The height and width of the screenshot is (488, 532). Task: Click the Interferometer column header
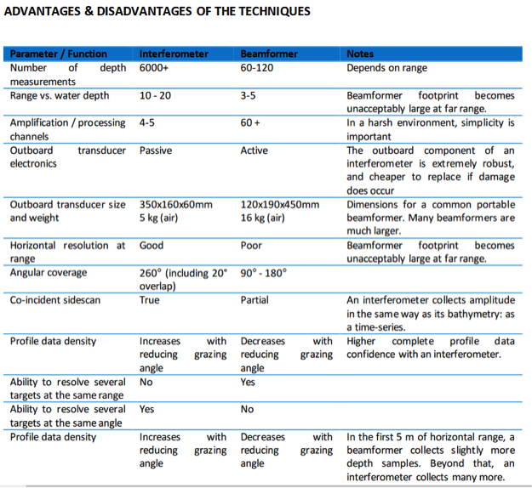pos(174,54)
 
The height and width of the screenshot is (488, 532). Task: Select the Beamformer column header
pos(269,54)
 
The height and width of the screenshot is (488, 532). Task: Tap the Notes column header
pos(360,54)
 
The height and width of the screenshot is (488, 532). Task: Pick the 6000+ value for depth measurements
pos(154,68)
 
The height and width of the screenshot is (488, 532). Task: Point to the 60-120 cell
pos(257,68)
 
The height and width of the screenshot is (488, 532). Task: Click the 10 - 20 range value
pos(155,95)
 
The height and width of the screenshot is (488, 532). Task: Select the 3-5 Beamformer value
pos(248,95)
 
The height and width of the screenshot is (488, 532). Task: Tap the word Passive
pos(156,150)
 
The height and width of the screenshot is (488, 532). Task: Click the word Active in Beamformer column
pos(255,150)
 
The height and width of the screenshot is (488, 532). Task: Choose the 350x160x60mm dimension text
pos(175,205)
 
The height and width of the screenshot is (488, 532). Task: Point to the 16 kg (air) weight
pos(263,218)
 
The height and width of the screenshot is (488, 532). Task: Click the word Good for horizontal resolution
pos(152,246)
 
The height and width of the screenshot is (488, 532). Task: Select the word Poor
pos(251,246)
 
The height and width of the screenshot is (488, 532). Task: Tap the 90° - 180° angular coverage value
pos(264,273)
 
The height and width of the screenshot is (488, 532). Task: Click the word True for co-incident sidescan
pos(149,300)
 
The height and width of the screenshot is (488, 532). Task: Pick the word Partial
pos(255,300)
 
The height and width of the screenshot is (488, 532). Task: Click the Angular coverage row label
pos(49,273)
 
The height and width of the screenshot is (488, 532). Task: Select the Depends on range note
pos(386,68)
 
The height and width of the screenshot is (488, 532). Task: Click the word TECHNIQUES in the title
pos(274,12)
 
